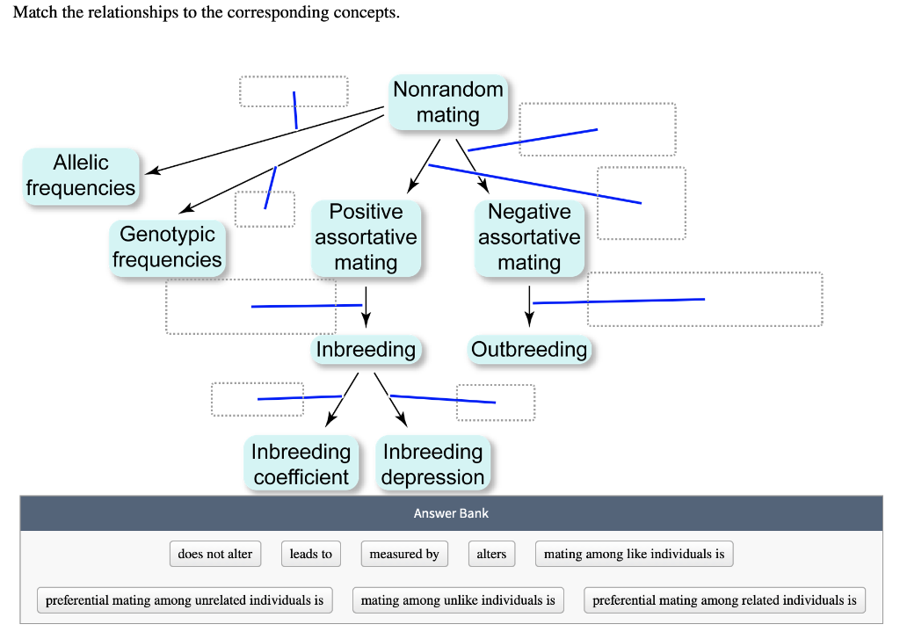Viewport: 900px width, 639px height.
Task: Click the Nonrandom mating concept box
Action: [447, 102]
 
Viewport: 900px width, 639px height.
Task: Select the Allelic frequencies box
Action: [81, 176]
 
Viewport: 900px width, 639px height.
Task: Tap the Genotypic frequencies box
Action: [167, 247]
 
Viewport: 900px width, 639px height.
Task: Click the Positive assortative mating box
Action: [366, 237]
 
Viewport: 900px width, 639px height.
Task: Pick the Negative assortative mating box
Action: [529, 237]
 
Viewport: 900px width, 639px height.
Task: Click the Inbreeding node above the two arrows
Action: [366, 350]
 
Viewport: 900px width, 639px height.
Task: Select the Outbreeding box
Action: [529, 350]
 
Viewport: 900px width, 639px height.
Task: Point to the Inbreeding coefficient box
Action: [301, 464]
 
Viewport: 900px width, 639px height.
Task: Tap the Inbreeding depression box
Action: [432, 464]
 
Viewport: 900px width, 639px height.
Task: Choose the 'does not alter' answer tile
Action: [214, 554]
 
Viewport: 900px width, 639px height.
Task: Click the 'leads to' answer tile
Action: [310, 554]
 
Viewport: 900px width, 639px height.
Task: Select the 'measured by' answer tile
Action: [403, 554]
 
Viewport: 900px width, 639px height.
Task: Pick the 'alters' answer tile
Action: [491, 554]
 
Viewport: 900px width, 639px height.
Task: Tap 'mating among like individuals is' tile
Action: [634, 554]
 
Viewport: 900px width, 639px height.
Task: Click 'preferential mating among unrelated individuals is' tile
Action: [185, 600]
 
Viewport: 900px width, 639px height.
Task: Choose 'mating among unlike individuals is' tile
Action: [458, 600]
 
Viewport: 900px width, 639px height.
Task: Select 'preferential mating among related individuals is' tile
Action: [724, 600]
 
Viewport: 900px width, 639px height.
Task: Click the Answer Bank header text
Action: [451, 513]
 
